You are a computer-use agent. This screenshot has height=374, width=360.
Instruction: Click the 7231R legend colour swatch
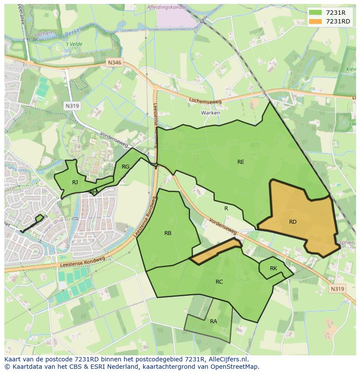316,13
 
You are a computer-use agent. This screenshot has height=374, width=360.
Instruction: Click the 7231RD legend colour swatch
316,21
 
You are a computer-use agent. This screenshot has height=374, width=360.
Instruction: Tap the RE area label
240,162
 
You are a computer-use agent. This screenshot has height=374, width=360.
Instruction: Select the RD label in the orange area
293,222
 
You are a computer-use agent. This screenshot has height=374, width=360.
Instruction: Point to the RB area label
168,233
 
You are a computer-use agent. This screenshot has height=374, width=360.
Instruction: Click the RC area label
219,282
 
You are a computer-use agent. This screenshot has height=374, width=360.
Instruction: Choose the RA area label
213,321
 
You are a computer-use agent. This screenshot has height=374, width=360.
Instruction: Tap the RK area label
273,268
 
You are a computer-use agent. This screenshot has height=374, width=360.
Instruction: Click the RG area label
125,167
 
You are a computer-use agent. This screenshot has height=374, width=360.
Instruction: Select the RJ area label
75,182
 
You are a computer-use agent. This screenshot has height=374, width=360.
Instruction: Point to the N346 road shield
115,63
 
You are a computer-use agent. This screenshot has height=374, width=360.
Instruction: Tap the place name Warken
210,113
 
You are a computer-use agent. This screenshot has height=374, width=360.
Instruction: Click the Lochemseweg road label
205,101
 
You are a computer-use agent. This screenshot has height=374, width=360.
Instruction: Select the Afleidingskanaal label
167,7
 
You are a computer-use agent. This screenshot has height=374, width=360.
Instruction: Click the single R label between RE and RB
226,209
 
